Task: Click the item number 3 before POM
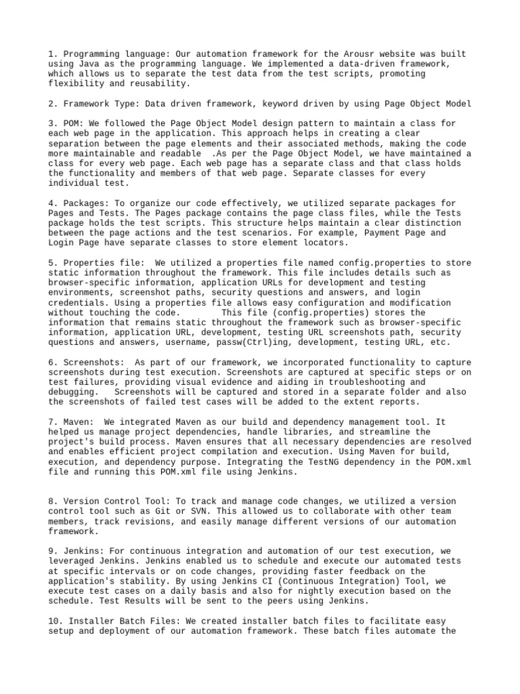(x=51, y=123)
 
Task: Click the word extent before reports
(x=350, y=403)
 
